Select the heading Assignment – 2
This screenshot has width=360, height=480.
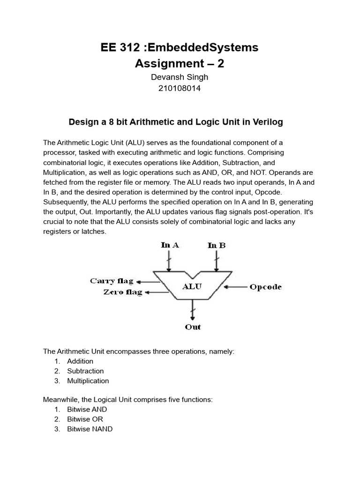pyautogui.click(x=180, y=64)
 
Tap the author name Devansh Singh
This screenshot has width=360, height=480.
pyautogui.click(x=180, y=77)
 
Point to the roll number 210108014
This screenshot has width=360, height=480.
pyautogui.click(x=180, y=88)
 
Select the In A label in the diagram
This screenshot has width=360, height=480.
pyautogui.click(x=170, y=245)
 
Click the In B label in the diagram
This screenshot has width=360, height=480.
pyautogui.click(x=216, y=245)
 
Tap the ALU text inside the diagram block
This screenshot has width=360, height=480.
pyautogui.click(x=192, y=286)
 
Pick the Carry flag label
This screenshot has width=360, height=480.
pyautogui.click(x=112, y=281)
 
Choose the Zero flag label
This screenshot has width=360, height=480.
pyautogui.click(x=122, y=292)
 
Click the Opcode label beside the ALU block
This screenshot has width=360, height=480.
pyautogui.click(x=266, y=287)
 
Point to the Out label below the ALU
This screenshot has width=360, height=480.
pyautogui.click(x=193, y=327)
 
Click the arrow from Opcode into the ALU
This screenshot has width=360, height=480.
pyautogui.click(x=236, y=286)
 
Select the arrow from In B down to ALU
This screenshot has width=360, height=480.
pyautogui.click(x=216, y=260)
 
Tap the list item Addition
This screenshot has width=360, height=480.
pyautogui.click(x=80, y=361)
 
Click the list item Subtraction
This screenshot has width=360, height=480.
pyautogui.click(x=85, y=371)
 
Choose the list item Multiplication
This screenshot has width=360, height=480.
pyautogui.click(x=88, y=381)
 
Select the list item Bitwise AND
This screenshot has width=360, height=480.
pyautogui.click(x=87, y=410)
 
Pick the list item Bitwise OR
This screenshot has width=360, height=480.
pyautogui.click(x=85, y=420)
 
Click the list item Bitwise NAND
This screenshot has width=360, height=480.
pyautogui.click(x=90, y=429)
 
